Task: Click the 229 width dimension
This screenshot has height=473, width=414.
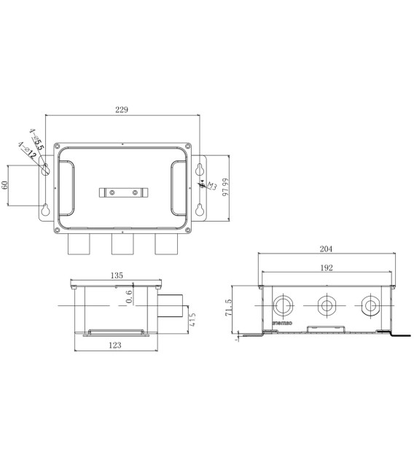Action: click(122, 109)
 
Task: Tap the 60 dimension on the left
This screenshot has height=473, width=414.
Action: click(6, 186)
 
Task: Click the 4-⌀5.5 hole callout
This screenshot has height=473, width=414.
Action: click(37, 139)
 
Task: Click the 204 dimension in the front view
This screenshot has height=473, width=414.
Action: click(327, 249)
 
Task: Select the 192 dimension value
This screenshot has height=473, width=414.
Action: click(327, 267)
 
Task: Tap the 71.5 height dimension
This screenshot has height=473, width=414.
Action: click(229, 310)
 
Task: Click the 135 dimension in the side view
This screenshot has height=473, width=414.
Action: click(117, 275)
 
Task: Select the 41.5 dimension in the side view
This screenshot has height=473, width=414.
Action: click(192, 318)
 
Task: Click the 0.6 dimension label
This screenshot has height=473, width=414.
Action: click(129, 297)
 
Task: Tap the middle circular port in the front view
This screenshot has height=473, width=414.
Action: click(326, 305)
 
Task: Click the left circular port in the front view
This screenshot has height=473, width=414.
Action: click(281, 305)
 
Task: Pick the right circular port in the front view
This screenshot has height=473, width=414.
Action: click(370, 305)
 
